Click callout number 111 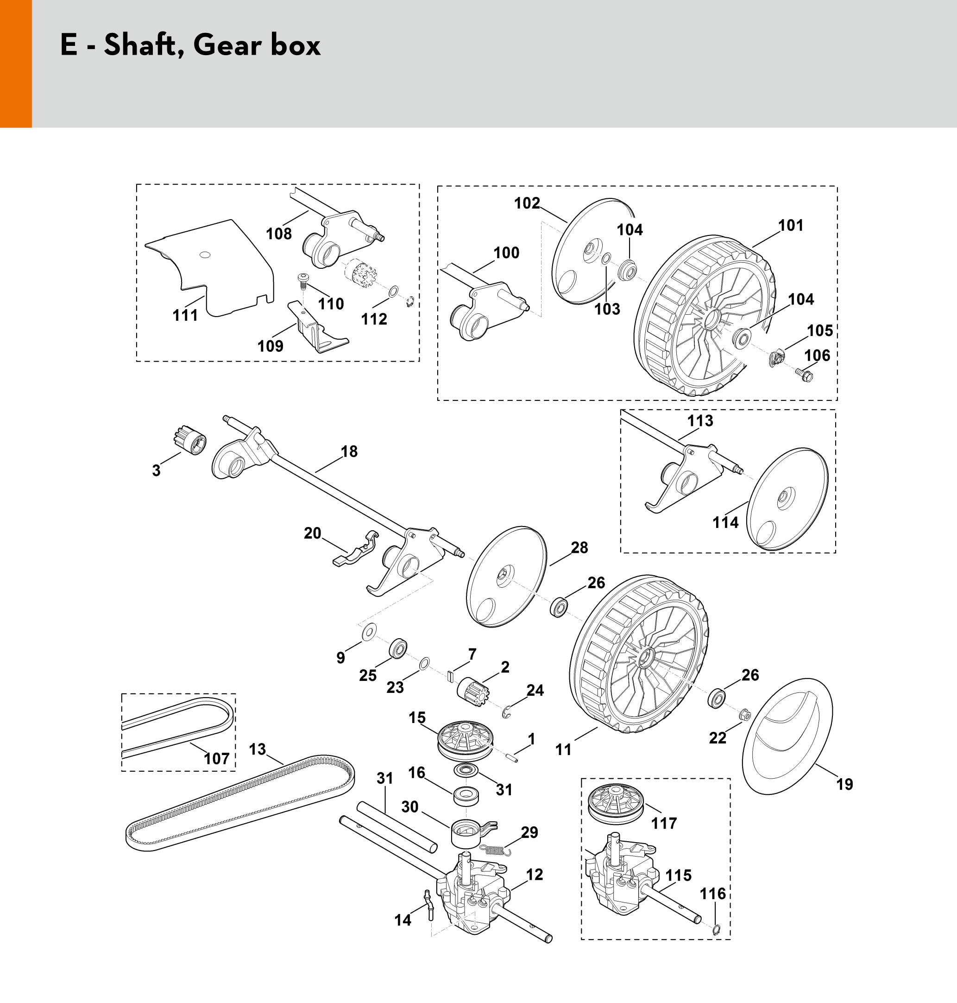coord(185,316)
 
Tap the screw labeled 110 coord(301,279)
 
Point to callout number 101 coord(791,225)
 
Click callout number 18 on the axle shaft coord(349,451)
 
